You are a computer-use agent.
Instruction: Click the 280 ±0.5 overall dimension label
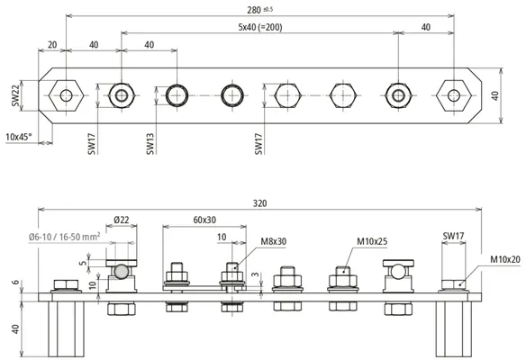[259, 10]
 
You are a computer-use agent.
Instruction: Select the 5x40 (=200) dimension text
[260, 27]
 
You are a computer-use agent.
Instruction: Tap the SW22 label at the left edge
[16, 95]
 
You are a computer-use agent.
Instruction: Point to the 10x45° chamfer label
[19, 137]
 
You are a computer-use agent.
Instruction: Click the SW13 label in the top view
[150, 144]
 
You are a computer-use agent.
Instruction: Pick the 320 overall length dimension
[259, 203]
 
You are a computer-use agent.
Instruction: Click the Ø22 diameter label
[121, 220]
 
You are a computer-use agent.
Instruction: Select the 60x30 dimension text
[204, 220]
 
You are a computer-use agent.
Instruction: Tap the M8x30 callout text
[274, 241]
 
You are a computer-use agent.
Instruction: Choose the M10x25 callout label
[372, 241]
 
